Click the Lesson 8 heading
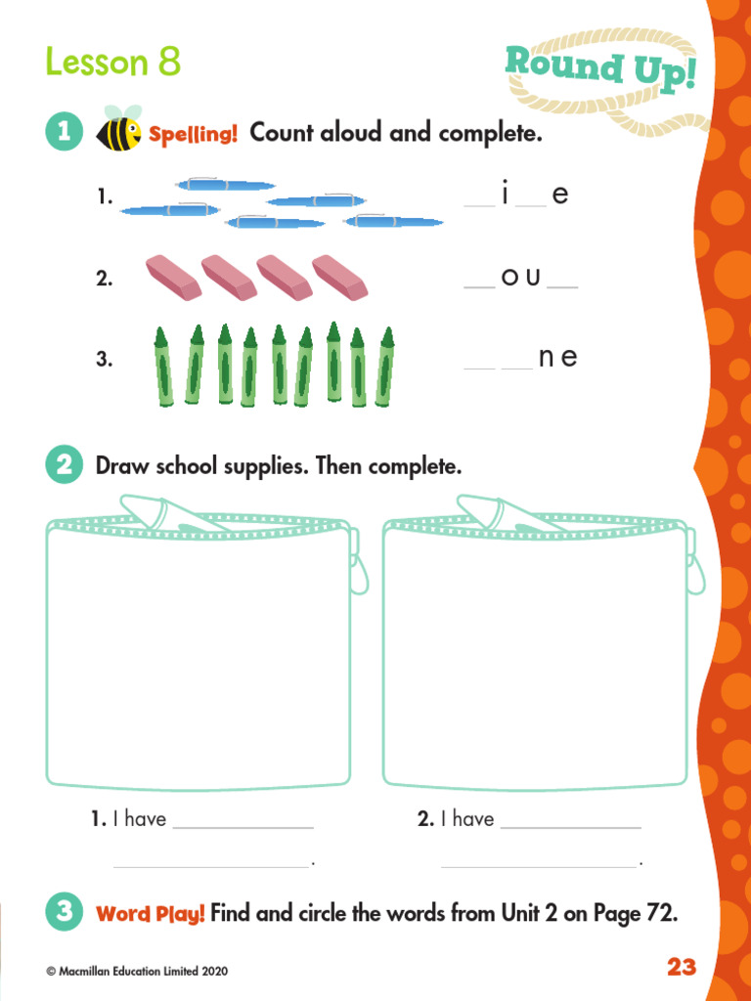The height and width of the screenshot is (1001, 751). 113,63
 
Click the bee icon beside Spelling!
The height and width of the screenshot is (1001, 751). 118,131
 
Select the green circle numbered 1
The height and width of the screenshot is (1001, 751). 64,132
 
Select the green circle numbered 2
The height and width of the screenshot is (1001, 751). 64,465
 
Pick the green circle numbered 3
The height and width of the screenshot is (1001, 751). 64,913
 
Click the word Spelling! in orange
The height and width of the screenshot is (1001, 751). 193,134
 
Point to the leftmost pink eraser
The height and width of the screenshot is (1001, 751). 173,278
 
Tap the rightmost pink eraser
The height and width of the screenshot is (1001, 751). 339,278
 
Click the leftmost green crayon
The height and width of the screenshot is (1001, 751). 161,366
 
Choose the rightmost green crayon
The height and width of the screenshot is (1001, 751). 385,366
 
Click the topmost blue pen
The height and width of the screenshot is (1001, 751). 225,185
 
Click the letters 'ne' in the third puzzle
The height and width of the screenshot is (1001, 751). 557,358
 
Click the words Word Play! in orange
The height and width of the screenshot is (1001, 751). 151,915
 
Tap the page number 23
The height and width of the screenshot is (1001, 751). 682,967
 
